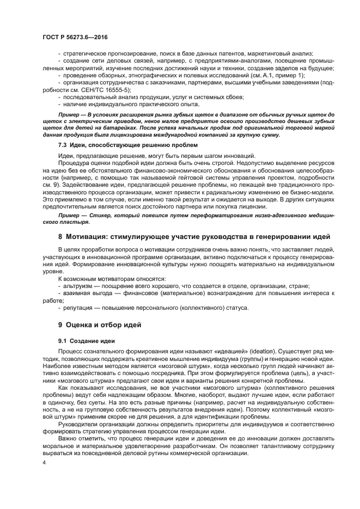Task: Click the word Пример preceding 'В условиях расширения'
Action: [x=70, y=113]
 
